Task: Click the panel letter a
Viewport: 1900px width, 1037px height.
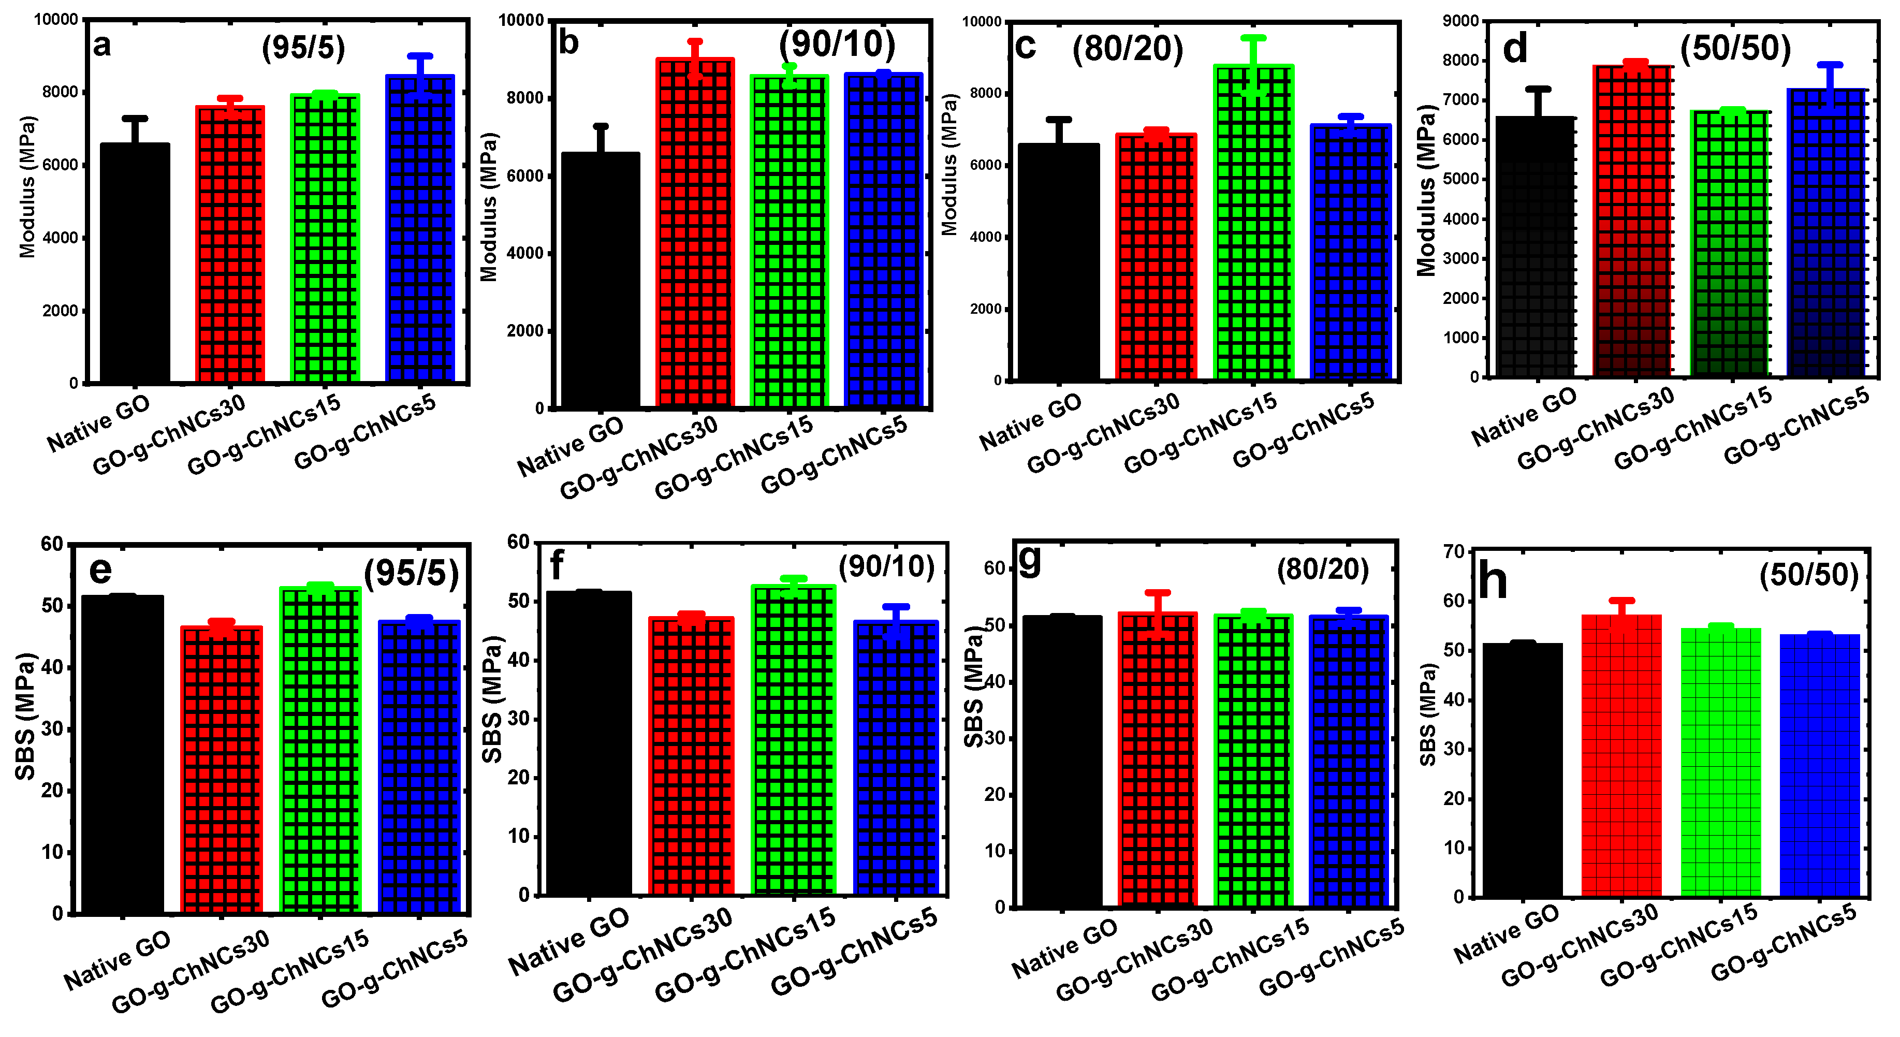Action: click(102, 45)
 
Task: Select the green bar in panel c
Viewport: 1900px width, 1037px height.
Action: click(1253, 221)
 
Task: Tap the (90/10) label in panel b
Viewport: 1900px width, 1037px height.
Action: click(837, 44)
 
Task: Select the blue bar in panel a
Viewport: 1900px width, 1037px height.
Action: click(420, 229)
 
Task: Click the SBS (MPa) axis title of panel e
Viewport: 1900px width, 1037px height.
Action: click(26, 715)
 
